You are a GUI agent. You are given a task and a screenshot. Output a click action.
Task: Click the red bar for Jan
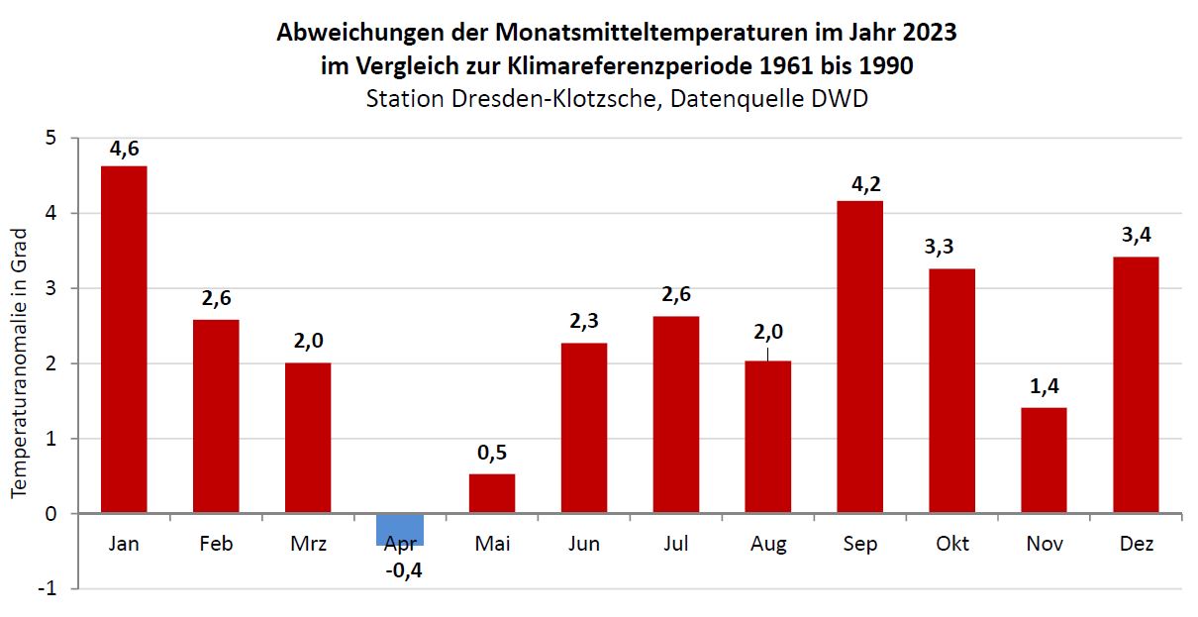click(x=124, y=340)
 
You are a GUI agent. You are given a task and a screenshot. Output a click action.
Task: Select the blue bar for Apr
click(x=400, y=529)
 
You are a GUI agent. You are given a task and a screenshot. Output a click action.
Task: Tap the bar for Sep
click(x=859, y=357)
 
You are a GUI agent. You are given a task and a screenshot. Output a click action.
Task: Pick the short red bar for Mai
click(x=492, y=493)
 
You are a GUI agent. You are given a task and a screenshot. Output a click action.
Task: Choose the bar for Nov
click(x=1044, y=461)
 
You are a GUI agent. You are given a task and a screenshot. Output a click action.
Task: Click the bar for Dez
click(x=1136, y=384)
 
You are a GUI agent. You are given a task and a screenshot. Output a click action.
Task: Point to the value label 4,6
click(x=125, y=150)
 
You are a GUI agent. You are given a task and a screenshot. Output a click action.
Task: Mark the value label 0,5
click(x=492, y=453)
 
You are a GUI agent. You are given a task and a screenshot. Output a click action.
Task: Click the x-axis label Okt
click(x=951, y=544)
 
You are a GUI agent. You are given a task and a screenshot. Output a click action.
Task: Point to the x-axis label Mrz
click(x=308, y=544)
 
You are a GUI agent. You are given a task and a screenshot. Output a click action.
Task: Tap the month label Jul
click(x=676, y=544)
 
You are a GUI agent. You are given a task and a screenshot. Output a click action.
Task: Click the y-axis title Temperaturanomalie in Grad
click(x=20, y=363)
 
